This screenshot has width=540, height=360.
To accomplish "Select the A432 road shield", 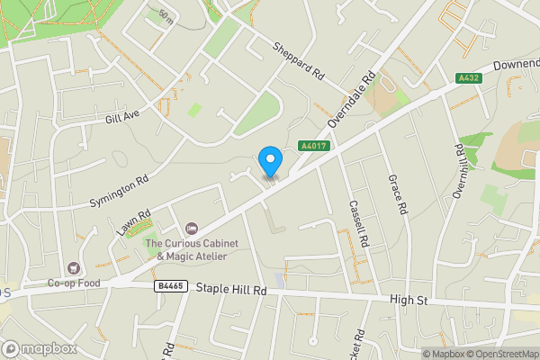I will (468, 78).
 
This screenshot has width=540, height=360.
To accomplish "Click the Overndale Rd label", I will (350, 99).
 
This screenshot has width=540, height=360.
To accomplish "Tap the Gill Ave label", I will (122, 116).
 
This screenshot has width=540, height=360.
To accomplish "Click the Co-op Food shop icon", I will (72, 267).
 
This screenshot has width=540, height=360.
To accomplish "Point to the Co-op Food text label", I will (73, 283).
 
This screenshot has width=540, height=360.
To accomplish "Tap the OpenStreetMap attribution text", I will (500, 354).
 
